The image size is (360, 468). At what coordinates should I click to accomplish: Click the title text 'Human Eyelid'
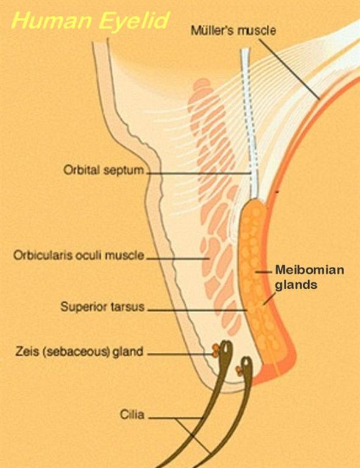pos(91,21)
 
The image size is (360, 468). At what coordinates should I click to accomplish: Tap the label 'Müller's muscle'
pos(233,30)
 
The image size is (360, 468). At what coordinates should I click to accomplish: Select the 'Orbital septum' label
pos(104,170)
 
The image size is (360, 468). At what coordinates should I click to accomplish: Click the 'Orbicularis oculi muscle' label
pos(79,255)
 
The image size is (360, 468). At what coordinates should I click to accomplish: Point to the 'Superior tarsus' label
pos(102,307)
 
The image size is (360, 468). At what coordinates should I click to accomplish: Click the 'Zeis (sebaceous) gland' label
pos(79,351)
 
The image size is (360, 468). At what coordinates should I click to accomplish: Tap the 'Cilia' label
pos(132,414)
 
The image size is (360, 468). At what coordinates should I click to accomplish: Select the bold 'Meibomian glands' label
pos(309,277)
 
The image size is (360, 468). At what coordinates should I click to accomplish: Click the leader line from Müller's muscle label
pos(289,69)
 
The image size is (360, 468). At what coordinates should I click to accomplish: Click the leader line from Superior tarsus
pos(197,310)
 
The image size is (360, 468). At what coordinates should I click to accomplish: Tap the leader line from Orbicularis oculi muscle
pos(178,258)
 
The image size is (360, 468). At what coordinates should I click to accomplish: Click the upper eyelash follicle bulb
pos(226,349)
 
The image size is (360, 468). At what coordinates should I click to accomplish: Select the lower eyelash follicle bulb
pos(246,364)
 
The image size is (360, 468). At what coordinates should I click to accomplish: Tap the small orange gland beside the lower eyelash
pos(239,370)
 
